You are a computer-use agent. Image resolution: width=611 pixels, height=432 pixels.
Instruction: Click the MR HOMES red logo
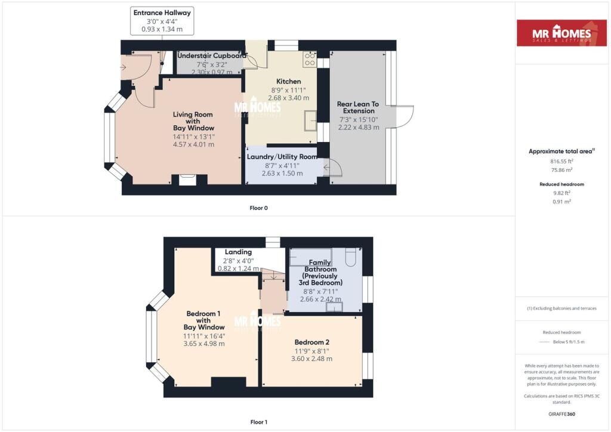[561, 33]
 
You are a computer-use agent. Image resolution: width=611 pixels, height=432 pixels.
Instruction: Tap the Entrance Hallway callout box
[162, 21]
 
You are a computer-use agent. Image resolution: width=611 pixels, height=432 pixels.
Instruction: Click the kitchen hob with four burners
[310, 59]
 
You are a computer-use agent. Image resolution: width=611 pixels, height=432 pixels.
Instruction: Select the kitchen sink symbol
[310, 121]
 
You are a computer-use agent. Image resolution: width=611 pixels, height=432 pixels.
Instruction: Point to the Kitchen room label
[288, 81]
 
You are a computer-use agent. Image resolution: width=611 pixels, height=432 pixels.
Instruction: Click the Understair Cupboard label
[212, 55]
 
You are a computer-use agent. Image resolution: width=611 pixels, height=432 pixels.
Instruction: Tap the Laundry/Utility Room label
[282, 156]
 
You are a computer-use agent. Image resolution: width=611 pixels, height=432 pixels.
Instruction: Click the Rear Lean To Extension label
[358, 107]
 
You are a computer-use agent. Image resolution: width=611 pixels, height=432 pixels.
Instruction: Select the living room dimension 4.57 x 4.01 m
[194, 144]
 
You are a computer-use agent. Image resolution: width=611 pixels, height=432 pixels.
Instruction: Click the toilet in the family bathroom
[350, 257]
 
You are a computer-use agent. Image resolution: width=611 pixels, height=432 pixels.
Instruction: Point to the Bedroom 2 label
[311, 342]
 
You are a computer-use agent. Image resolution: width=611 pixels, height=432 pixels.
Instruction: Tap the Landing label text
[238, 252]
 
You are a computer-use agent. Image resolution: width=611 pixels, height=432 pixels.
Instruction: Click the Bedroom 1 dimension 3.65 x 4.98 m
[204, 344]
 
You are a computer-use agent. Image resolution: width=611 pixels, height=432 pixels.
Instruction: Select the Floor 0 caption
[259, 208]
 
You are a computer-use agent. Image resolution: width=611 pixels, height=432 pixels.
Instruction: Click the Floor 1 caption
[259, 422]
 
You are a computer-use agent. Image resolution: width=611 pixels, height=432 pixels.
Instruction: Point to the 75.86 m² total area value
[561, 170]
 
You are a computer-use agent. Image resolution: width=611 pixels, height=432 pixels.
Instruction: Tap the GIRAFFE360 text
[561, 414]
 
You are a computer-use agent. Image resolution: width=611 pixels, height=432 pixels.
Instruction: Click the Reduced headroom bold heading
[561, 184]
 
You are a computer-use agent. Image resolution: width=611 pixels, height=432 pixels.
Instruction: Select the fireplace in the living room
[187, 180]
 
